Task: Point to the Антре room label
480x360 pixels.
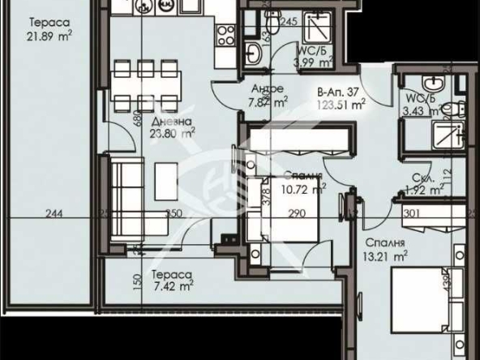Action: coord(268,88)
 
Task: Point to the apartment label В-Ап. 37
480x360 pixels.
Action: coord(336,91)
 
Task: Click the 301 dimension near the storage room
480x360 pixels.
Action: coord(412,214)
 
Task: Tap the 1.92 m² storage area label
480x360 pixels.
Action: coord(423,191)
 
